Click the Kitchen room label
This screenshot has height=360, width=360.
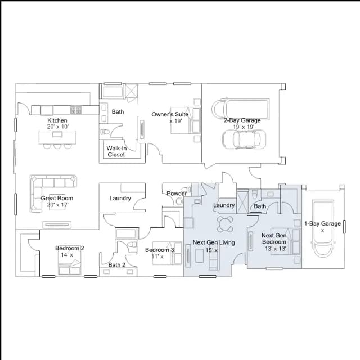(x=57, y=120)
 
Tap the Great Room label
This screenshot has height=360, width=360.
(x=57, y=198)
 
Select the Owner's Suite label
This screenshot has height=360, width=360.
(x=170, y=114)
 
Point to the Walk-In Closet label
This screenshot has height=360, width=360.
(x=116, y=151)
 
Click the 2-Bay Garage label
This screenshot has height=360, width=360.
(x=242, y=120)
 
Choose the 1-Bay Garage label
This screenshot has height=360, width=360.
(x=322, y=224)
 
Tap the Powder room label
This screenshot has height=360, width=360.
(x=177, y=193)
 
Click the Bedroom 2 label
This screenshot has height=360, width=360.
(x=70, y=248)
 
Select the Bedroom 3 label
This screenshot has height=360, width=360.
(x=160, y=250)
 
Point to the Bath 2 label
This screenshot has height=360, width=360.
(x=117, y=265)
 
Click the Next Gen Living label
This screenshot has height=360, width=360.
(x=214, y=242)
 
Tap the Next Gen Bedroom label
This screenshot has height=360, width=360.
(x=274, y=238)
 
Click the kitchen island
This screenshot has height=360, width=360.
(x=57, y=137)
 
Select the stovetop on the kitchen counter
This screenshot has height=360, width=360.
(x=76, y=110)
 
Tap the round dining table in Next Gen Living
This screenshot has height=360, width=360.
(x=226, y=224)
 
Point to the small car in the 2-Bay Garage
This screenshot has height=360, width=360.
(x=244, y=139)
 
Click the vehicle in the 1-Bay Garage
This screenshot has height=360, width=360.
(x=323, y=229)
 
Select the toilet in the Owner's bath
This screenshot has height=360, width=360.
(x=105, y=132)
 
